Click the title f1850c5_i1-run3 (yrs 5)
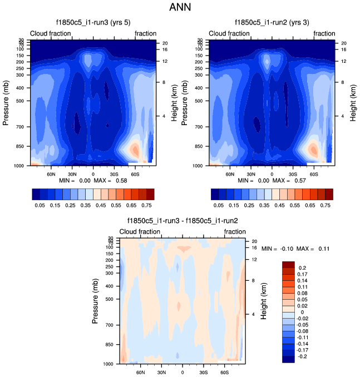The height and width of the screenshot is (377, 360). (92, 23)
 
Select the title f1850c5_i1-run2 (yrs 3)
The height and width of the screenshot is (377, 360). (272, 23)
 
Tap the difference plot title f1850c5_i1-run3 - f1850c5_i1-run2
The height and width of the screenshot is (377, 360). (182, 221)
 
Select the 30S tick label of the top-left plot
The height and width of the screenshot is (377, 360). (114, 173)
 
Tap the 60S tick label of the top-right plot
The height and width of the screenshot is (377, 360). (314, 173)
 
